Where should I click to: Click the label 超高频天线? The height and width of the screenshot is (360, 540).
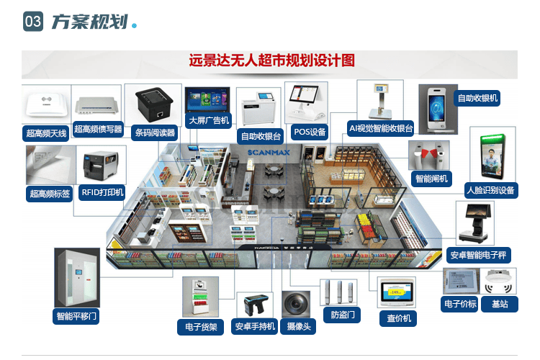tap(45, 133)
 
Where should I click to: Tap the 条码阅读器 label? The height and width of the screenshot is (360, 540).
tap(155, 132)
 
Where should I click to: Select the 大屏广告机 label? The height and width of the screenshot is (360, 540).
tap(208, 120)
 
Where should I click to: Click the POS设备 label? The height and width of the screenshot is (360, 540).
tap(310, 132)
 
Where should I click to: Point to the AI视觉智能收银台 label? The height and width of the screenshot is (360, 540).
tap(380, 128)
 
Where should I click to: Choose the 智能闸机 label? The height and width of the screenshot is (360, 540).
tap(431, 178)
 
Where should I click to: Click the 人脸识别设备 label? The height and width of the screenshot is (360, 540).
tap(490, 190)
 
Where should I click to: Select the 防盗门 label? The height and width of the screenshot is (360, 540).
tap(341, 315)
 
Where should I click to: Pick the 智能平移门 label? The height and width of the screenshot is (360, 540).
tap(77, 315)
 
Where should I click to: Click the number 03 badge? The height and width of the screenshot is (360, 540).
tap(33, 22)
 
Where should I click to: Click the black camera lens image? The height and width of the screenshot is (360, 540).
tap(296, 303)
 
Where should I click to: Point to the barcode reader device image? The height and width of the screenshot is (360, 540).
tap(153, 104)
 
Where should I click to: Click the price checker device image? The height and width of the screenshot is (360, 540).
tap(397, 292)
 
